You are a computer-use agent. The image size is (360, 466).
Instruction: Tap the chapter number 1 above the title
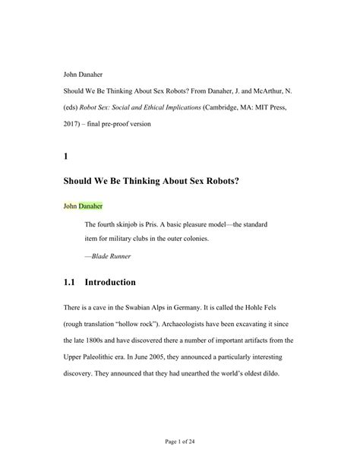click(66, 157)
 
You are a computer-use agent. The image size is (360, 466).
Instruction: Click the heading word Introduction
click(110, 283)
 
